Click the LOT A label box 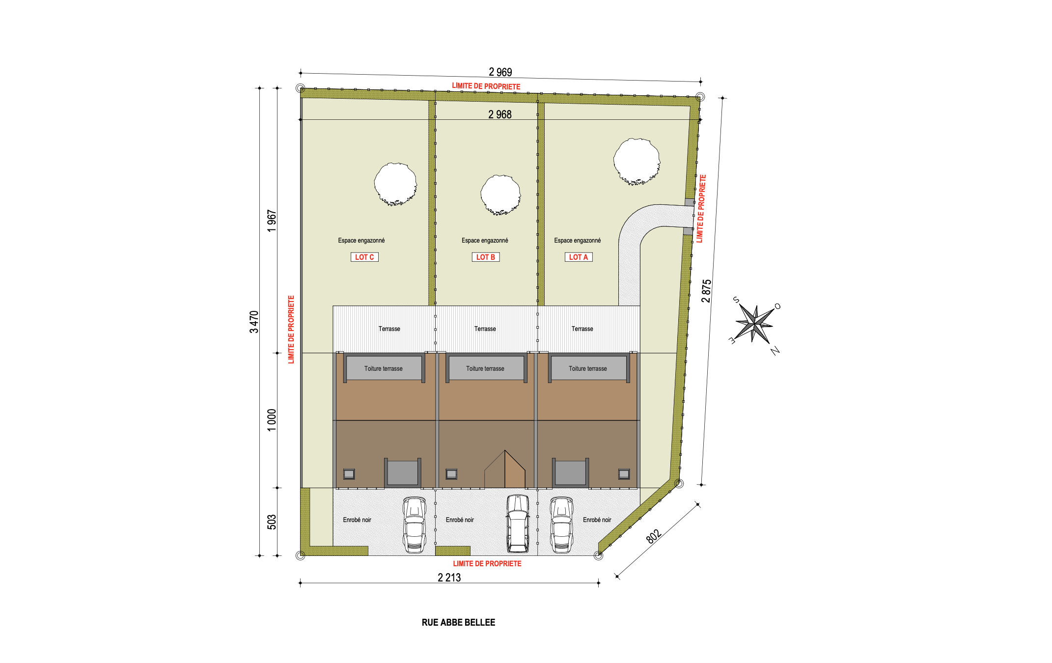tap(578, 257)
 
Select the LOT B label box tap(485, 257)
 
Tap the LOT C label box tap(364, 257)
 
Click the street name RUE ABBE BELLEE tap(458, 622)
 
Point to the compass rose tap(755, 324)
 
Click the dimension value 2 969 tap(500, 72)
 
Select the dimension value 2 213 tap(449, 578)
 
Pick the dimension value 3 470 tap(254, 322)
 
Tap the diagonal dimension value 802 tap(653, 536)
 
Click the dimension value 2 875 tap(706, 291)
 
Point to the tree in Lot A tap(637, 162)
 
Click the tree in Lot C tap(395, 184)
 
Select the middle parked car tap(518, 524)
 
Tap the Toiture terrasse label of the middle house tap(485, 368)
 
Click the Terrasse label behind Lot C tap(389, 329)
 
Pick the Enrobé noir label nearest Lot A tap(597, 520)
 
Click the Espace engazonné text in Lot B tap(485, 240)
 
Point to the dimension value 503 tap(272, 522)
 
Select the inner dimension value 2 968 tap(499, 114)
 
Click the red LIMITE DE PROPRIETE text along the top tap(486, 86)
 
